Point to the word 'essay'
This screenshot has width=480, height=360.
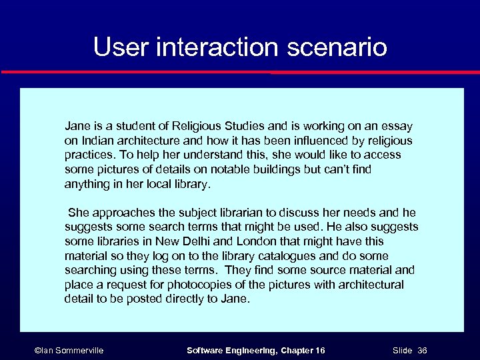[397, 126]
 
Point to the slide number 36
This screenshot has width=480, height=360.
[422, 351]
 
